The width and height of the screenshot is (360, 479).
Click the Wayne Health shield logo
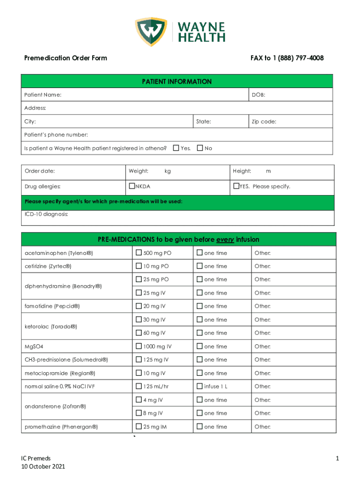tap(151, 33)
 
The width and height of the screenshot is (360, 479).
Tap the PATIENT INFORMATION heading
tap(177, 82)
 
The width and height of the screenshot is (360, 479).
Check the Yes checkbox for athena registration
tap(176, 148)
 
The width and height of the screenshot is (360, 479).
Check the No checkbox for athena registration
tap(200, 148)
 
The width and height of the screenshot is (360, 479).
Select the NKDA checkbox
tap(132, 186)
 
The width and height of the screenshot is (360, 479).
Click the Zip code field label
tap(264, 122)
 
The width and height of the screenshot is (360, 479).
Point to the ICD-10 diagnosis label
tap(46, 214)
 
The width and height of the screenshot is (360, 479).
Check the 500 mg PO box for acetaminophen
tap(139, 253)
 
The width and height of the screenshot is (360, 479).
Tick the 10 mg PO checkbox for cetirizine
tap(139, 266)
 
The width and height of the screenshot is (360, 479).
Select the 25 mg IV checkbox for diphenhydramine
tap(139, 293)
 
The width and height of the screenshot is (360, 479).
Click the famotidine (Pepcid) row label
tap(52, 306)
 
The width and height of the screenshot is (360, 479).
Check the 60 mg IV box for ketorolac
tap(139, 333)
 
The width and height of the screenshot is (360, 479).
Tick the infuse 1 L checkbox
tap(200, 386)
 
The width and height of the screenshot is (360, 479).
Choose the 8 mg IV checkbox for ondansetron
tap(139, 413)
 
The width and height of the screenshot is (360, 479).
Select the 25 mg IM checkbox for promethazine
tap(139, 427)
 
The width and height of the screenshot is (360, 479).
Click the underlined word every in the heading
tap(225, 240)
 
